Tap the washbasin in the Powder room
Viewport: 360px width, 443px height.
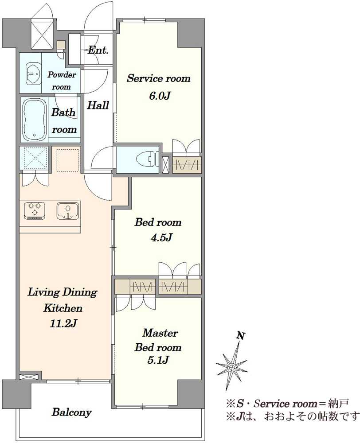pyautogui.click(x=34, y=74)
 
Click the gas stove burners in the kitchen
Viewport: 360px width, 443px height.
pyautogui.click(x=35, y=210)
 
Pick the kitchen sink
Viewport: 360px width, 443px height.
pyautogui.click(x=68, y=210)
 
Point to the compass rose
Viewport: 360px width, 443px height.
pyautogui.click(x=231, y=367)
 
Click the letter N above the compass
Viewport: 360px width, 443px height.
pyautogui.click(x=241, y=336)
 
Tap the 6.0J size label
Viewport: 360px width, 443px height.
pyautogui.click(x=159, y=96)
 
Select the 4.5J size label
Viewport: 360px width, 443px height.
pyautogui.click(x=161, y=237)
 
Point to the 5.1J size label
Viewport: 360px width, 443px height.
pyautogui.click(x=158, y=360)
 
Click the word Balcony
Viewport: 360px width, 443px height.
pyautogui.click(x=71, y=412)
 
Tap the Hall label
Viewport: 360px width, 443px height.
pyautogui.click(x=98, y=105)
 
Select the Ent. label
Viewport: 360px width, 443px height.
pyautogui.click(x=98, y=51)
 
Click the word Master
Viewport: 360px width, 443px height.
pyautogui.click(x=160, y=333)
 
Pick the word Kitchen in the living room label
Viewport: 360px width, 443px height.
pyautogui.click(x=63, y=308)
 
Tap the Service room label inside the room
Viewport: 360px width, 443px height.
pyautogui.click(x=159, y=78)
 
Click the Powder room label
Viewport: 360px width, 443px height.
pyautogui.click(x=61, y=81)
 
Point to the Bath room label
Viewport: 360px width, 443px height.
pyautogui.click(x=64, y=121)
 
